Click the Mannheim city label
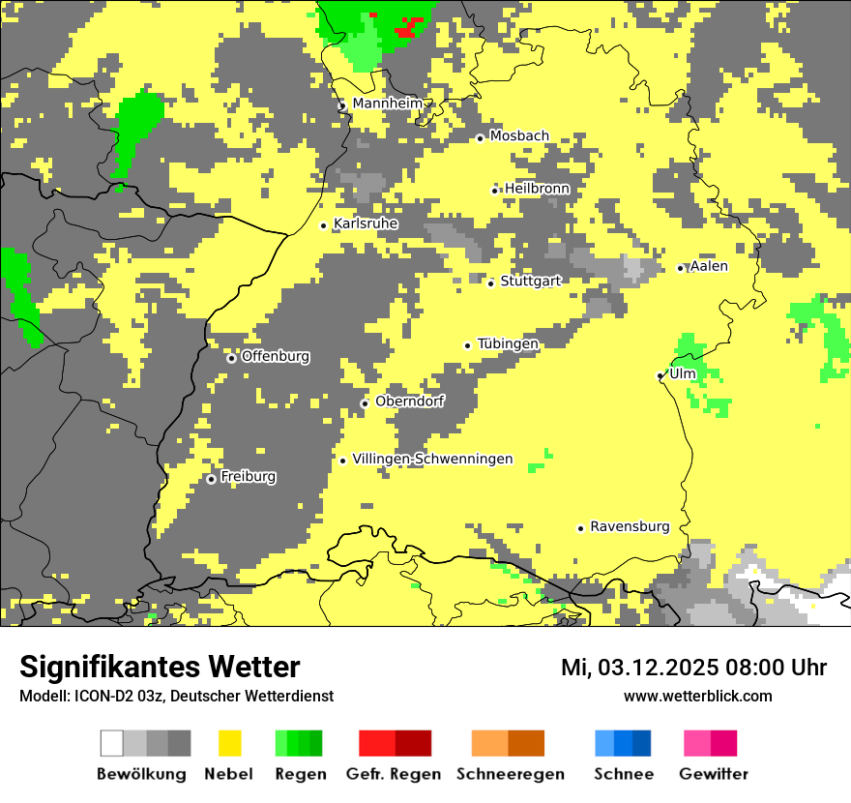[387, 104]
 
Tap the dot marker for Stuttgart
[491, 283]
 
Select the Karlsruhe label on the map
[366, 224]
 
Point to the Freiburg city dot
[212, 479]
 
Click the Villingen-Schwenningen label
[432, 460]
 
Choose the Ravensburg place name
[630, 527]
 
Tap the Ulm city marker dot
[660, 375]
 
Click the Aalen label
[709, 266]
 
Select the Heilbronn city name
[537, 189]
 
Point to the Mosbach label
[519, 136]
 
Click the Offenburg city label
[276, 356]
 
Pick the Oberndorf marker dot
[365, 403]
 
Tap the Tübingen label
[508, 343]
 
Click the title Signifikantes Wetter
[160, 667]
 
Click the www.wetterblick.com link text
[697, 696]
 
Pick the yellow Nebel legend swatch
[229, 743]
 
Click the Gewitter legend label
[713, 774]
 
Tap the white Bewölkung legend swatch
[112, 743]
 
